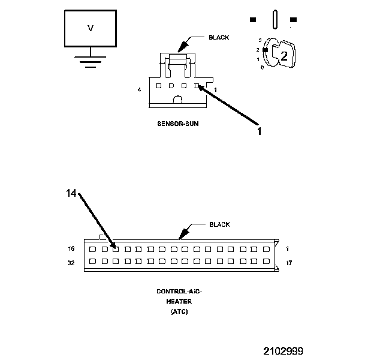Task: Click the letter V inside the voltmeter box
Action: pyautogui.click(x=91, y=28)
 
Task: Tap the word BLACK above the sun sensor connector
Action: pyautogui.click(x=218, y=37)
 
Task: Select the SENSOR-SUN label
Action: pyautogui.click(x=177, y=125)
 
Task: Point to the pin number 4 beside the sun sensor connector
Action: pyautogui.click(x=139, y=90)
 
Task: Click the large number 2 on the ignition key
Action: pyautogui.click(x=284, y=56)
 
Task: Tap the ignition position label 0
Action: pyautogui.click(x=262, y=67)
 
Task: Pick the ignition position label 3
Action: pyautogui.click(x=260, y=40)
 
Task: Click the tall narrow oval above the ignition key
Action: pyautogui.click(x=273, y=19)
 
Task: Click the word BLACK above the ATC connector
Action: pyautogui.click(x=219, y=224)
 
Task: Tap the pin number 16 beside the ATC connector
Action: pyautogui.click(x=72, y=248)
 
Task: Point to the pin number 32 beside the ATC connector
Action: pyautogui.click(x=72, y=262)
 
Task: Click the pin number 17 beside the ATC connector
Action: pyautogui.click(x=289, y=262)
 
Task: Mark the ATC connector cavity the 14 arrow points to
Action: pyautogui.click(x=116, y=248)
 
